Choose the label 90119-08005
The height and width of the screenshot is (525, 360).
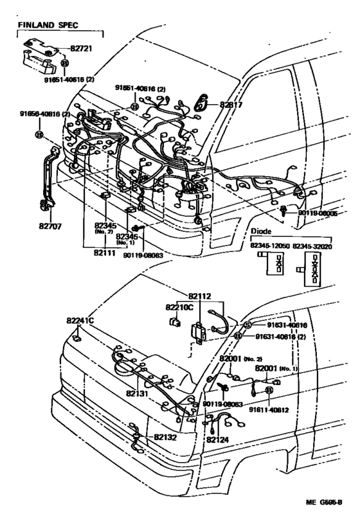(x=318, y=213)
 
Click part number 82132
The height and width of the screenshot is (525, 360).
(x=166, y=437)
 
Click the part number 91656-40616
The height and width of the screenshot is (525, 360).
(x=45, y=113)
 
